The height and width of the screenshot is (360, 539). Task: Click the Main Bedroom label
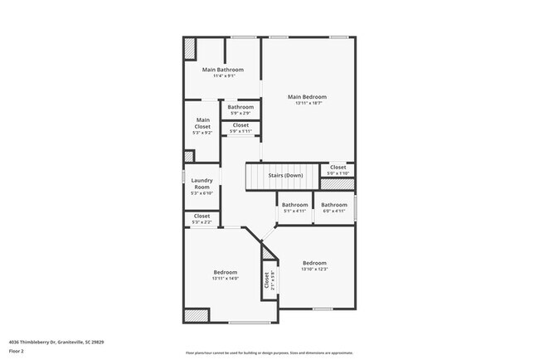307,96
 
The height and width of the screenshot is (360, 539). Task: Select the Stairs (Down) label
284,176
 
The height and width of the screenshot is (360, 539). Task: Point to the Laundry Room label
202,183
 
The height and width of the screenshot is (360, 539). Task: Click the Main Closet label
202,123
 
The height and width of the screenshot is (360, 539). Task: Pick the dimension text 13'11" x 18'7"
307,104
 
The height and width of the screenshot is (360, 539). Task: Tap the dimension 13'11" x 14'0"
226,279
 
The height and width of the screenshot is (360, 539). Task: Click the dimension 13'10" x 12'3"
315,269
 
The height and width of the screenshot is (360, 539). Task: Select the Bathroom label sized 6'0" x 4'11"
334,205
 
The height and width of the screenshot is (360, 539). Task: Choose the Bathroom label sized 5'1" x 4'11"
294,205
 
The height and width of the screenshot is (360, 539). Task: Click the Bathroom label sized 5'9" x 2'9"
240,107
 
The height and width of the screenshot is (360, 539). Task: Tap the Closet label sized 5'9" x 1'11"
240,125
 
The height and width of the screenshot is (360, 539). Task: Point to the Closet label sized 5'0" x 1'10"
338,168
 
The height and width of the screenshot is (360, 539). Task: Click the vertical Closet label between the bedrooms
267,280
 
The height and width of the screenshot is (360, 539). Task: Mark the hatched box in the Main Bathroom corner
190,48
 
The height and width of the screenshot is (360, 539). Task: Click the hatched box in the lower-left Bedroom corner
196,316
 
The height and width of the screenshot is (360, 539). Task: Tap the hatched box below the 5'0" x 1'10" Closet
337,184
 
